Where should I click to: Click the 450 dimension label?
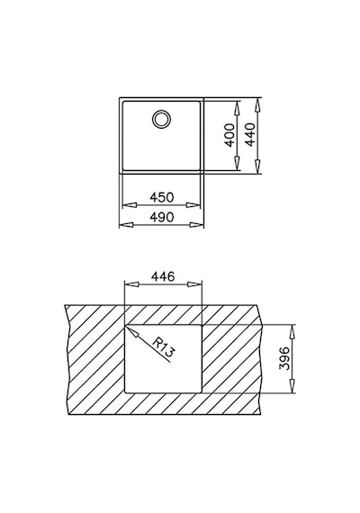click(x=161, y=197)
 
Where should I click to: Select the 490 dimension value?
click(x=161, y=217)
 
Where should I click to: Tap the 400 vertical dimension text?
click(x=230, y=135)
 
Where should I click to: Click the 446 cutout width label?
click(x=163, y=277)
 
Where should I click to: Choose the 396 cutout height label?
click(x=284, y=358)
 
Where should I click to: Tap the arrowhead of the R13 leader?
click(x=131, y=331)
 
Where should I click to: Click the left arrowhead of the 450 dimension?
click(x=129, y=205)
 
